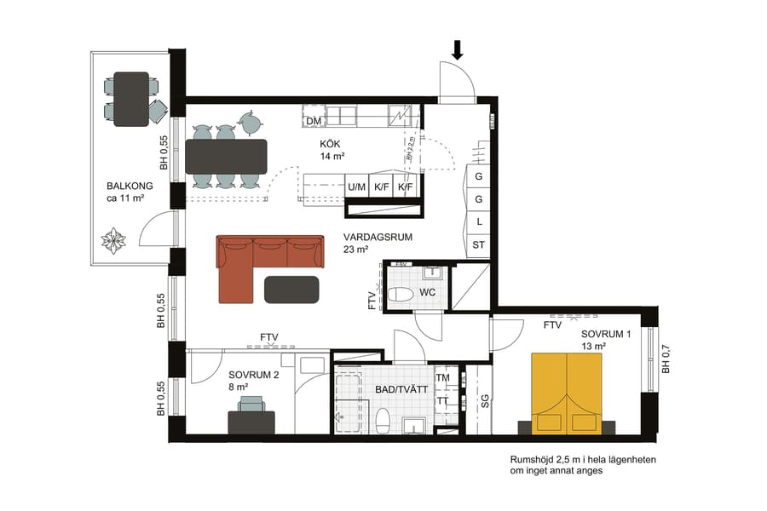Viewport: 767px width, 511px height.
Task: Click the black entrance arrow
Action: click(x=458, y=50)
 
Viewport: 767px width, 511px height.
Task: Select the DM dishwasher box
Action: click(x=313, y=122)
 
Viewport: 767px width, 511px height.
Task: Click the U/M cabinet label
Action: click(x=356, y=187)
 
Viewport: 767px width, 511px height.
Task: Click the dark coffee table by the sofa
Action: click(x=292, y=289)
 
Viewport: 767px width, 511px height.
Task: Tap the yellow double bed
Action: click(x=567, y=394)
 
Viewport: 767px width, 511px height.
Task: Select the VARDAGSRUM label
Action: click(x=378, y=238)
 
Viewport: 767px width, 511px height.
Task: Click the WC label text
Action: click(x=428, y=293)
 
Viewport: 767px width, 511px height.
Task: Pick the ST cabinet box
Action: click(x=478, y=245)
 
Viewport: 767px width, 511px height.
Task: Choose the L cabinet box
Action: click(x=478, y=221)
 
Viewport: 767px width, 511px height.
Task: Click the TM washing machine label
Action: click(x=442, y=377)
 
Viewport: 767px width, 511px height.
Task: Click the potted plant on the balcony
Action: click(x=113, y=241)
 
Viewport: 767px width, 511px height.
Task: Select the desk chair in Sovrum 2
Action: click(x=251, y=404)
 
